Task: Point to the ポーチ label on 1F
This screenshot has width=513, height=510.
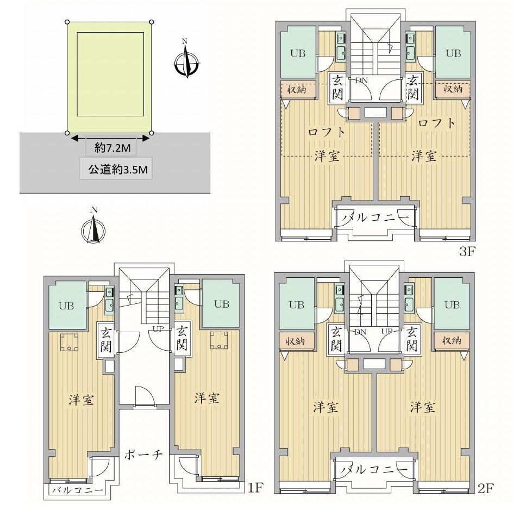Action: (x=144, y=455)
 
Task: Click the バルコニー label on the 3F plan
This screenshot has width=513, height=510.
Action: (x=376, y=218)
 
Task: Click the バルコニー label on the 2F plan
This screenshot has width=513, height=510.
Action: (x=376, y=469)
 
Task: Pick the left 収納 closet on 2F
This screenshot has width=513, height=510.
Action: (x=297, y=340)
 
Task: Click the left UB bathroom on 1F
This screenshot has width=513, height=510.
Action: (x=68, y=305)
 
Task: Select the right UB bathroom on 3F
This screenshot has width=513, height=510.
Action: (x=453, y=53)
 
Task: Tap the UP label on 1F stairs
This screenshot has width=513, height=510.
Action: (x=158, y=329)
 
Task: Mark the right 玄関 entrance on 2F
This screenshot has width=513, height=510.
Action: (x=412, y=338)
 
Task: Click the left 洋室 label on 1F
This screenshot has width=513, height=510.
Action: (x=82, y=400)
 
